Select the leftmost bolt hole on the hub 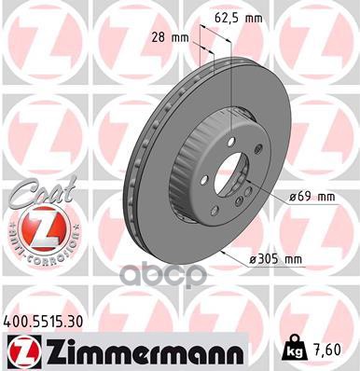coord(211,183)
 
